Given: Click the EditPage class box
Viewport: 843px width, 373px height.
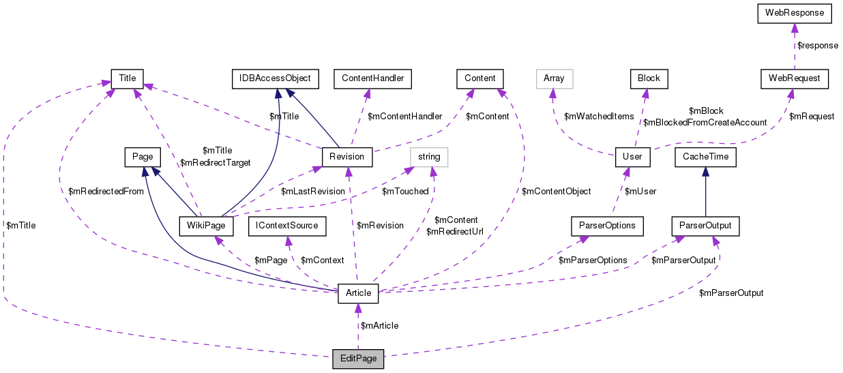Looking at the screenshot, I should click(358, 359).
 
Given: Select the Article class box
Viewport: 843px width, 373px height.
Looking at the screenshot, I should click(358, 293).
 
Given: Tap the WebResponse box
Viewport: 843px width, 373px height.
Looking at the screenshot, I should click(793, 13).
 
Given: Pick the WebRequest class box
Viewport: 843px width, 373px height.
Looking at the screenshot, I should click(795, 78).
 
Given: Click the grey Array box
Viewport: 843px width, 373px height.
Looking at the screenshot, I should click(554, 78).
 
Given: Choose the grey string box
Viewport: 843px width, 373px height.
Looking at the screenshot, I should click(429, 157).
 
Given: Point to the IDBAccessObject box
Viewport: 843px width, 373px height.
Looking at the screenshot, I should click(271, 78).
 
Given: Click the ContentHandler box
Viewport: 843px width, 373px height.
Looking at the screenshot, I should click(372, 78).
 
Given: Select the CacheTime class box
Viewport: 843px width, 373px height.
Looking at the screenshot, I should click(705, 157).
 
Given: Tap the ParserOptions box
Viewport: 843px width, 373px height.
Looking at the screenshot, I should click(607, 225).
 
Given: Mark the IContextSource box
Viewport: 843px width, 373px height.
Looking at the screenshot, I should click(287, 225).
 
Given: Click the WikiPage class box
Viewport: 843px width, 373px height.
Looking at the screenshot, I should click(206, 225).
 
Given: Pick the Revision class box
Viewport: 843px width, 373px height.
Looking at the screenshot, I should click(346, 157).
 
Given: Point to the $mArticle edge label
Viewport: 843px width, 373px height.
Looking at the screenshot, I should click(379, 326).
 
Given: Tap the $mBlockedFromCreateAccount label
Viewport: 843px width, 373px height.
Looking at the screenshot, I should click(705, 122).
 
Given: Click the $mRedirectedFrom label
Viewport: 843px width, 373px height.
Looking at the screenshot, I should click(106, 192).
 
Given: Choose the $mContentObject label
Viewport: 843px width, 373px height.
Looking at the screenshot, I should click(556, 192).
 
